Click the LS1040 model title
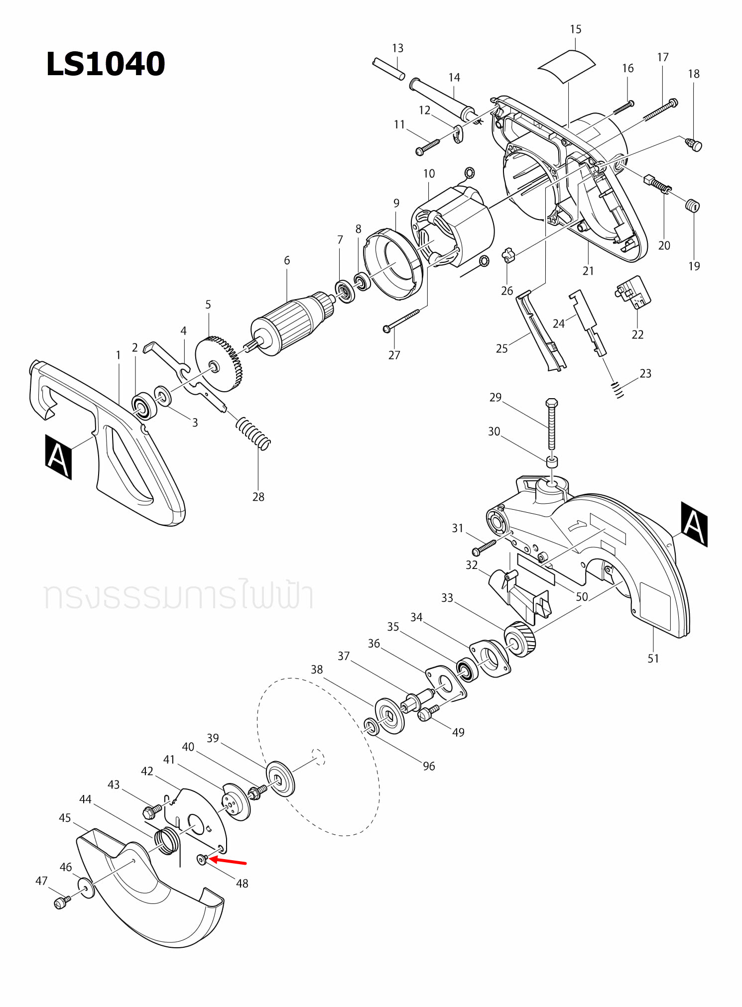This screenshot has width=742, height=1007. pos(105,64)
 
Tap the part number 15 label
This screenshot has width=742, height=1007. pos(575,29)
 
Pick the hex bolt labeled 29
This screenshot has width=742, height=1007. pos(551,423)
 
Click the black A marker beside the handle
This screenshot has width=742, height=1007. pos(58,456)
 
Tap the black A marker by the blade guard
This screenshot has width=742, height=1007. pos(694,524)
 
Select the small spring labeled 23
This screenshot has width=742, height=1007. pos(618,389)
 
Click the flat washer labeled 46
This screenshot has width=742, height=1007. pos(86,888)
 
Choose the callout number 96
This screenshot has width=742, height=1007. pos(429,766)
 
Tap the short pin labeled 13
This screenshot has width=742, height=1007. pos(388,69)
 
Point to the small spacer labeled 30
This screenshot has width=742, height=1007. pos(552,461)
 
